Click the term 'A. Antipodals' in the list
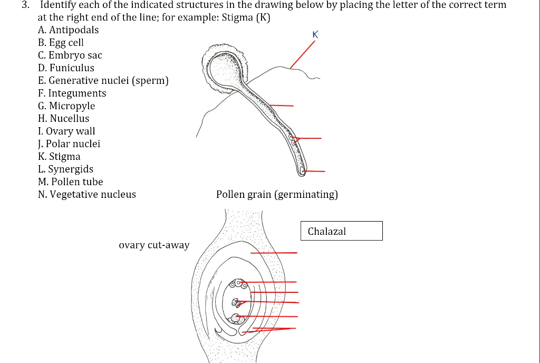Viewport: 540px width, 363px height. click(x=68, y=30)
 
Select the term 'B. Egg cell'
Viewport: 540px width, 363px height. click(x=61, y=43)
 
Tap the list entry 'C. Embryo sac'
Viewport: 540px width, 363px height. click(x=70, y=55)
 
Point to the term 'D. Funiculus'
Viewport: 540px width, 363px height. click(x=66, y=68)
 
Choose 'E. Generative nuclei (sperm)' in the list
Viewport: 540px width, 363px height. click(x=103, y=81)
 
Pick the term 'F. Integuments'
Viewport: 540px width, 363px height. click(x=72, y=93)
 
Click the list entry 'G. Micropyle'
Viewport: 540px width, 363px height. click(x=66, y=106)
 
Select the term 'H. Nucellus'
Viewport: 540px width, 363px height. click(x=64, y=119)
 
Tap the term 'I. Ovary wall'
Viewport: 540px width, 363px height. click(x=66, y=131)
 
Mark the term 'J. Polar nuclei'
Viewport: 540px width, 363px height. click(x=69, y=144)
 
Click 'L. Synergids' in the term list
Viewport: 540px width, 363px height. click(x=65, y=169)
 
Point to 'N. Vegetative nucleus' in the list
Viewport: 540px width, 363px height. click(x=87, y=195)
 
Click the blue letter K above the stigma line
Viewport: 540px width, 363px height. click(x=315, y=35)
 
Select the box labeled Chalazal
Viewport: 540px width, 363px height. click(x=341, y=231)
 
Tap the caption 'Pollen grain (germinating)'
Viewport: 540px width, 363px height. click(x=277, y=195)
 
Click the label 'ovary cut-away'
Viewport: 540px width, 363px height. click(x=154, y=245)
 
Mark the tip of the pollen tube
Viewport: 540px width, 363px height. click(x=302, y=170)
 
